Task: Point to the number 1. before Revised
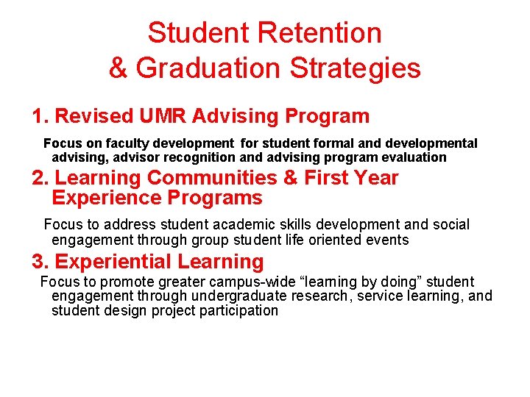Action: tap(40, 116)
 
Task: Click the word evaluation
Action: tap(413, 157)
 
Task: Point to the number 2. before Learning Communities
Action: tap(40, 178)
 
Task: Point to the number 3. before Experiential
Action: tap(40, 262)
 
